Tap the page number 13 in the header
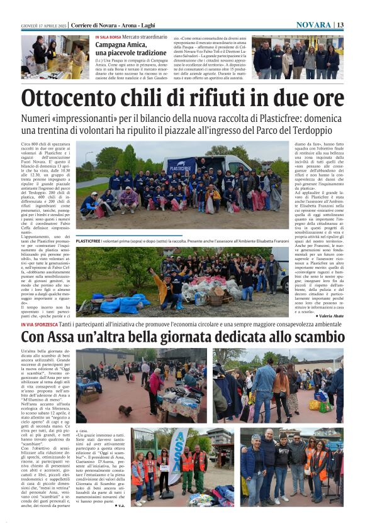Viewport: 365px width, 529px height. pos(340,25)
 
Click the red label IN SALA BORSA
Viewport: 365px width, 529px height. pos(109,38)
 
